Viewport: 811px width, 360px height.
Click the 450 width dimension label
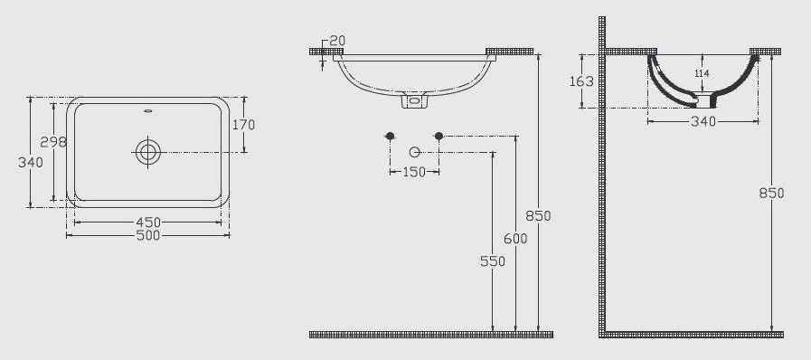(x=148, y=223)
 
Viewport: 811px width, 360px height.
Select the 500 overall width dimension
(x=148, y=236)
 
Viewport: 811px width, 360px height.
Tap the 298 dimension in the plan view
(x=53, y=142)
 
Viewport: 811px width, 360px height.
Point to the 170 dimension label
(x=243, y=125)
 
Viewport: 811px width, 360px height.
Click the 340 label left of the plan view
(x=31, y=163)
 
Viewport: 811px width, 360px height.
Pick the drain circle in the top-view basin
(x=148, y=152)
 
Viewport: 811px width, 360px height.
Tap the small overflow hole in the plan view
(x=148, y=110)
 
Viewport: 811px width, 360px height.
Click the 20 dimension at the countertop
(x=337, y=41)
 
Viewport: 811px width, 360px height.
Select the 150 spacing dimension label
(x=414, y=172)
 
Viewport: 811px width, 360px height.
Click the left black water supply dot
(x=390, y=136)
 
